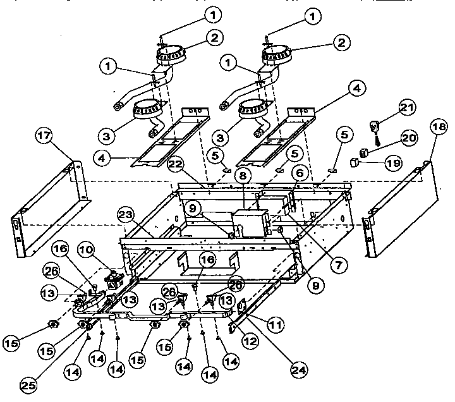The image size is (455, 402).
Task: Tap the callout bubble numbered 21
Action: point(408,108)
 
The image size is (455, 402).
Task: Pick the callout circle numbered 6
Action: point(300,171)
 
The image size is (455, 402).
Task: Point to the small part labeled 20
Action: point(364,151)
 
